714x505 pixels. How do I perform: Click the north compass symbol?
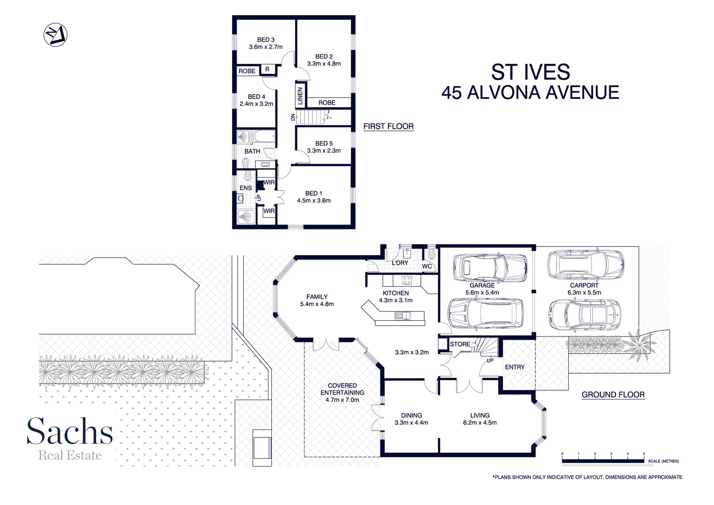[55, 35]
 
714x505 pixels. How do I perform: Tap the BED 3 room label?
[266, 40]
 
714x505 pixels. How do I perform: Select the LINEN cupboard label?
[300, 96]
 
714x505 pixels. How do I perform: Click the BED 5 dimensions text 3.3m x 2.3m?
[324, 151]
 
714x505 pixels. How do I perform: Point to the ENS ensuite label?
[246, 188]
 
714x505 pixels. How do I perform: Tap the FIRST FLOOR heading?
[388, 127]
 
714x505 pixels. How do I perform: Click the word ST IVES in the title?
[530, 72]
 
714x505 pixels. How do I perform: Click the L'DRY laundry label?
[400, 263]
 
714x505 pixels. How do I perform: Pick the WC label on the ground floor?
[427, 266]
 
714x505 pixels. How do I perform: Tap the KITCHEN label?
[396, 293]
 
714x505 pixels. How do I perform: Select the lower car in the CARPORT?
[585, 316]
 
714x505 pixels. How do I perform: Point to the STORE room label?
[460, 344]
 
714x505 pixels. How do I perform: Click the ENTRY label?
[515, 367]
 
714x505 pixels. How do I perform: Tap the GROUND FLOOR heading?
[613, 395]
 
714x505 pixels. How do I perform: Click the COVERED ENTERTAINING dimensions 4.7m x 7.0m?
[342, 400]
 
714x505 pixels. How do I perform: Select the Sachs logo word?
[70, 431]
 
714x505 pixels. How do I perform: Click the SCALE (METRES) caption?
[663, 461]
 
